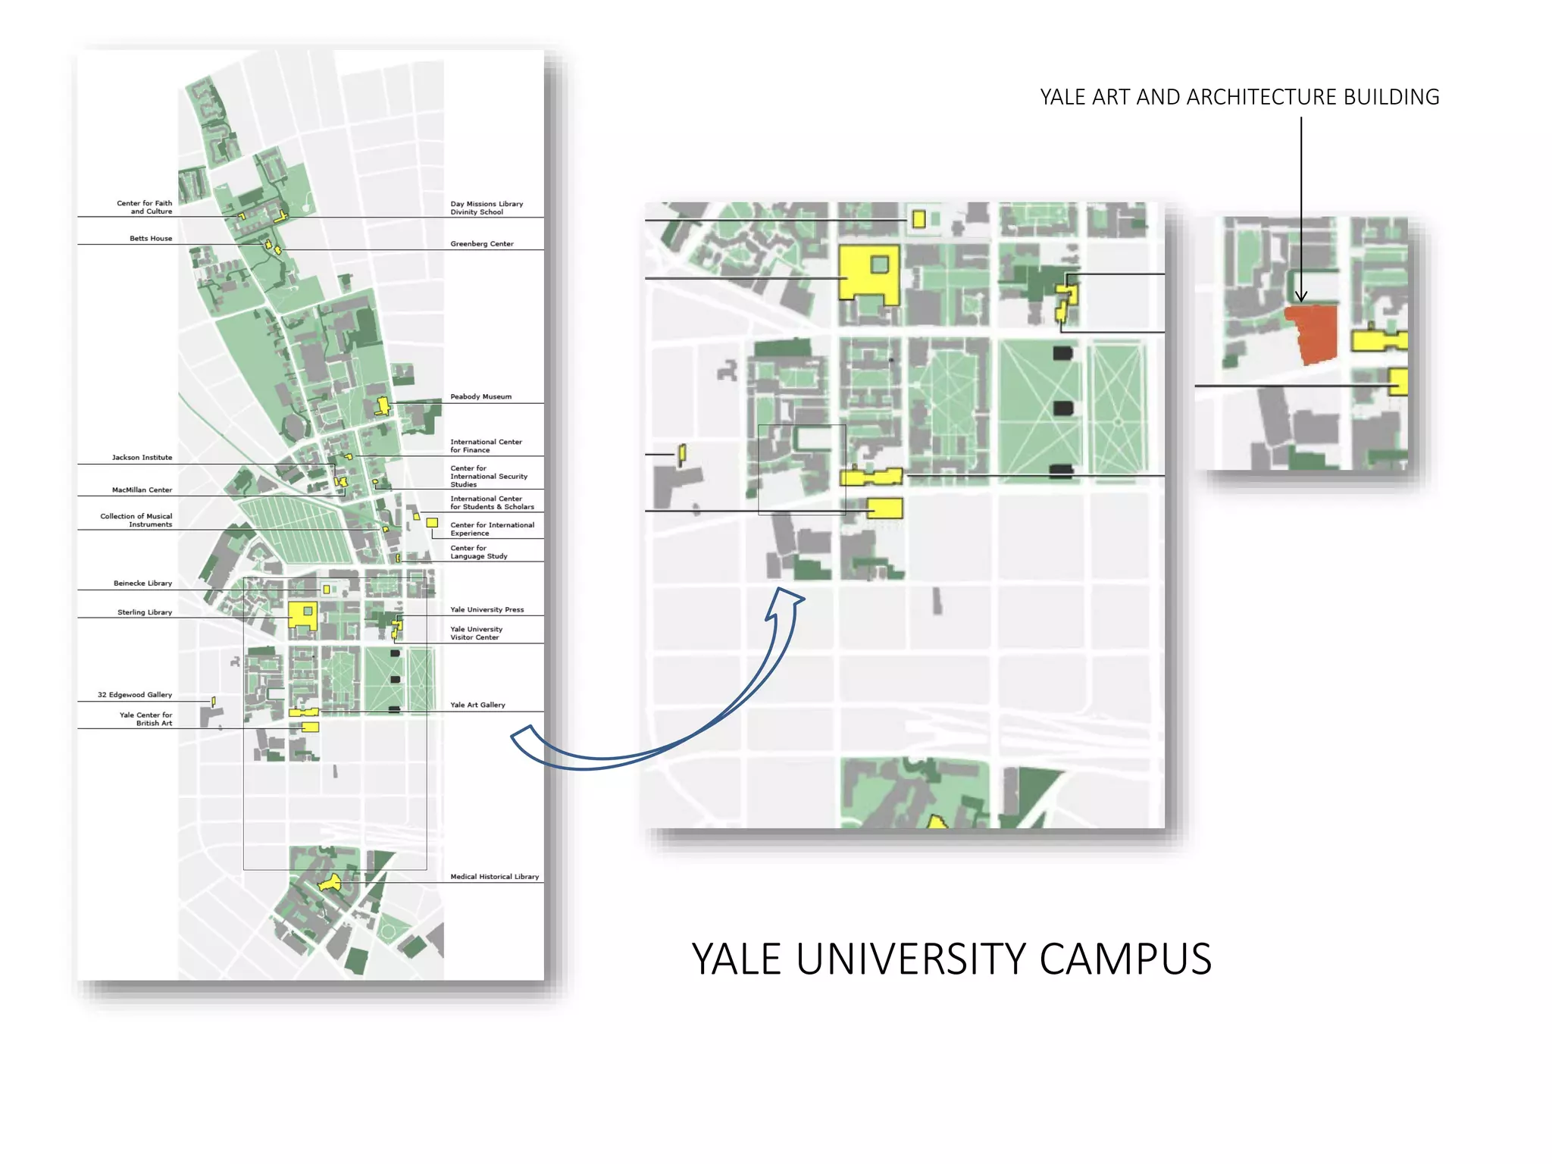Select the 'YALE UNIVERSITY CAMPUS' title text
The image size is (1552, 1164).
951,959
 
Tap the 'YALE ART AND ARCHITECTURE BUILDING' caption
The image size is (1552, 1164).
1239,97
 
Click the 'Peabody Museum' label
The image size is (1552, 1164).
480,396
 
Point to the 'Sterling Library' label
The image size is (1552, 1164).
144,612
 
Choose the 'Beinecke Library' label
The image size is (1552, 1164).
142,584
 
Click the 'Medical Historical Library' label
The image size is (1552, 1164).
494,877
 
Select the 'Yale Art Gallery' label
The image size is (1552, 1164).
477,705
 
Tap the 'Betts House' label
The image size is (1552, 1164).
150,239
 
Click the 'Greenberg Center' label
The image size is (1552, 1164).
481,244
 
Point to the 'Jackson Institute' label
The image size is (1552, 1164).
142,458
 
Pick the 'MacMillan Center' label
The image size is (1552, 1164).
142,490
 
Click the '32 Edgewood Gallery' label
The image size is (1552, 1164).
134,695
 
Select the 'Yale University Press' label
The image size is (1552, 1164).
487,609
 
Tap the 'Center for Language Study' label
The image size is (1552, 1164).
478,552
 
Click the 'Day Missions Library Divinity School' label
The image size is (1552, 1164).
487,208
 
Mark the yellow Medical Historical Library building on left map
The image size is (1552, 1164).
329,884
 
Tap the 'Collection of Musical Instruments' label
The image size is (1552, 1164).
136,520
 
